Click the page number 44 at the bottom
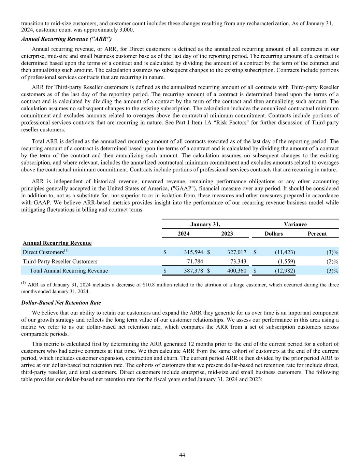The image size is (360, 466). tap(182, 455)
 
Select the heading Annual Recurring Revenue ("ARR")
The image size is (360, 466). tap(66, 39)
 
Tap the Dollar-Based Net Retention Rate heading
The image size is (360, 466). tap(61, 302)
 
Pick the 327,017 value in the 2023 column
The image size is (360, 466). tap(237, 252)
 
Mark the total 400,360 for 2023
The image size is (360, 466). tap(237, 270)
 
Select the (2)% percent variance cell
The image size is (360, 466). tap(332, 261)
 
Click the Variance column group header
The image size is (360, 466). tap(295, 224)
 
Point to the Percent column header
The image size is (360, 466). tap(317, 234)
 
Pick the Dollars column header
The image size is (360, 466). tap(274, 234)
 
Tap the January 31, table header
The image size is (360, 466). tap(205, 224)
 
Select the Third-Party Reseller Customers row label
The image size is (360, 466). tap(60, 261)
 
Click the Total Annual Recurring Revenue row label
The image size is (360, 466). tap(69, 270)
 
